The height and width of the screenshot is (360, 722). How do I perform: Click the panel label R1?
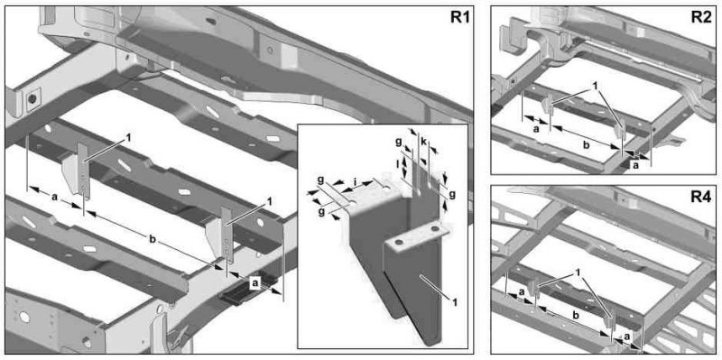tap(458, 18)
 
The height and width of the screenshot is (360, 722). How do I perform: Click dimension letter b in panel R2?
tap(586, 145)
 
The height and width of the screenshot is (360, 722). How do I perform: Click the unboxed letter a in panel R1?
tap(54, 197)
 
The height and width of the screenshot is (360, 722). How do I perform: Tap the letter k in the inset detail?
tap(422, 142)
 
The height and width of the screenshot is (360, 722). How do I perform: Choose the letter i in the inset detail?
tap(355, 181)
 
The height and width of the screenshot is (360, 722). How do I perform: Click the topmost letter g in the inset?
tap(399, 143)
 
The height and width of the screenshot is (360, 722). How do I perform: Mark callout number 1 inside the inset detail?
tap(454, 302)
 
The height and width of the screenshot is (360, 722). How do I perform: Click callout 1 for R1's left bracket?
tap(129, 137)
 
